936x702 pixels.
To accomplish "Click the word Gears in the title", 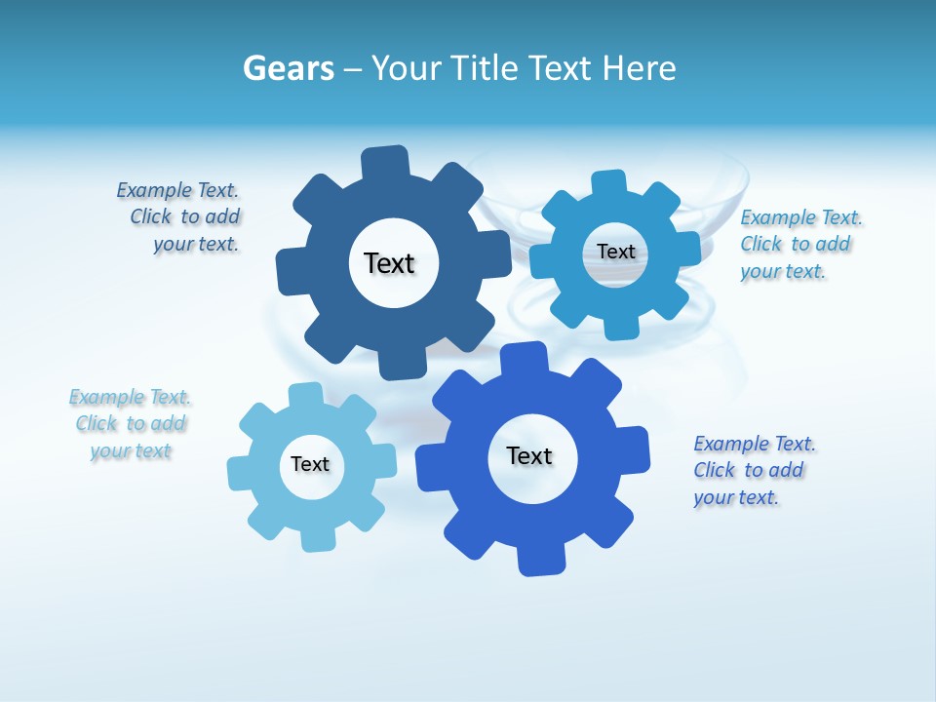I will (x=289, y=69).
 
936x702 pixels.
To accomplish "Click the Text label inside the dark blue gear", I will (x=390, y=263).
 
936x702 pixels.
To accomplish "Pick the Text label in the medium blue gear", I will (x=616, y=252).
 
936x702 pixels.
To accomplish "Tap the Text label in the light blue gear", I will (x=310, y=464).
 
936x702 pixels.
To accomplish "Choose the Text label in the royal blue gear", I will (x=529, y=455).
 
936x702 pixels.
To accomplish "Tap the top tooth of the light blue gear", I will (x=306, y=395).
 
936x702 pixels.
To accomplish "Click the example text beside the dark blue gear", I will (x=181, y=217).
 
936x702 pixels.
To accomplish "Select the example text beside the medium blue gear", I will (x=799, y=245).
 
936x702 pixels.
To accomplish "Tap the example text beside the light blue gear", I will (x=131, y=424).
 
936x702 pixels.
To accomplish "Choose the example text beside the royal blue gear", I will (x=753, y=471).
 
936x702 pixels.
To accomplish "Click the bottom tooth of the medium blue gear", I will (x=621, y=325).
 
